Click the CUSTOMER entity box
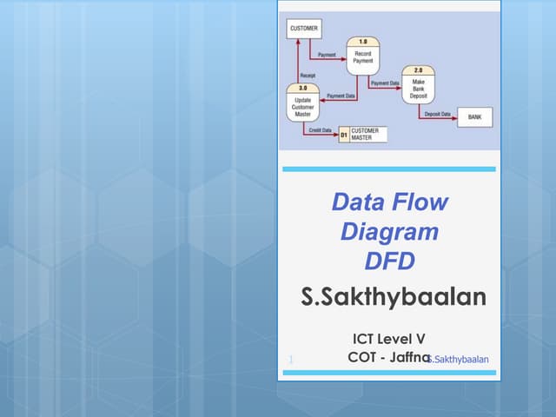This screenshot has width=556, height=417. pyautogui.click(x=303, y=29)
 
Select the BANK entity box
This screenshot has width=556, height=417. pyautogui.click(x=474, y=117)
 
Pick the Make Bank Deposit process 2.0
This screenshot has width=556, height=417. pyautogui.click(x=418, y=85)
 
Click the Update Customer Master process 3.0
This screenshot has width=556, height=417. pyautogui.click(x=303, y=103)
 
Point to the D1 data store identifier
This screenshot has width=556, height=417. pyautogui.click(x=344, y=135)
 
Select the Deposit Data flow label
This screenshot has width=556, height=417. pyautogui.click(x=438, y=113)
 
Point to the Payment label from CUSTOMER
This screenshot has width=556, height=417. pyautogui.click(x=327, y=55)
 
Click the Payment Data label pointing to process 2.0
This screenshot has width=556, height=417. pyautogui.click(x=384, y=83)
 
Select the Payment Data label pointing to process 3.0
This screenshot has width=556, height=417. pyautogui.click(x=341, y=95)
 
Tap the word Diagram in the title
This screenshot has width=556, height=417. pyautogui.click(x=389, y=232)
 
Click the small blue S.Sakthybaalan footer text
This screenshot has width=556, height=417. pyautogui.click(x=459, y=359)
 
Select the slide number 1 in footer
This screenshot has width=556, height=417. pyautogui.click(x=289, y=359)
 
